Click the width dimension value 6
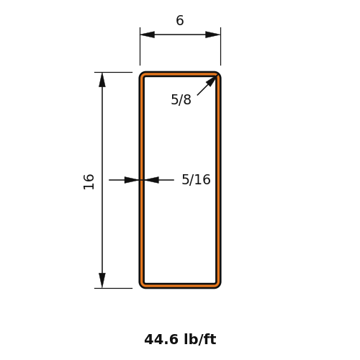[x=180, y=20]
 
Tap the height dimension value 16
[x=89, y=181]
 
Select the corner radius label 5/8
[x=181, y=99]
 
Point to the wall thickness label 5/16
[x=196, y=179]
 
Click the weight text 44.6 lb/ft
[x=180, y=339]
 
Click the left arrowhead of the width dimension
[x=148, y=35]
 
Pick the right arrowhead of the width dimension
[x=213, y=35]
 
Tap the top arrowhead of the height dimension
[x=102, y=80]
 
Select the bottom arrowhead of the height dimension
[x=102, y=281]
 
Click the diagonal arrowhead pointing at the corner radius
[x=212, y=81]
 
